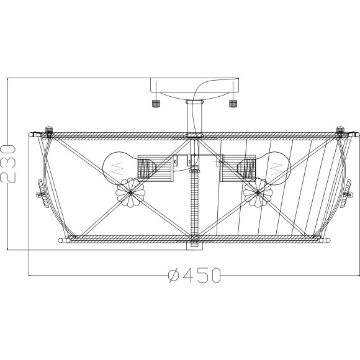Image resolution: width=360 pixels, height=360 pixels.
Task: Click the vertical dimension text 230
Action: tap(8, 162)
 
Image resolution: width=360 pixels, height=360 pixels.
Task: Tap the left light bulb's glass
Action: tap(117, 166)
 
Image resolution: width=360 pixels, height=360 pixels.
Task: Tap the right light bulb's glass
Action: tap(276, 166)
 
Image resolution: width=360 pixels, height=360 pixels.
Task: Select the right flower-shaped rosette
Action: tap(258, 193)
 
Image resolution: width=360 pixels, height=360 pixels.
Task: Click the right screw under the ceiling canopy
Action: tap(233, 102)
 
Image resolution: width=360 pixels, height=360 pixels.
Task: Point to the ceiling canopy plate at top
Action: tap(194, 87)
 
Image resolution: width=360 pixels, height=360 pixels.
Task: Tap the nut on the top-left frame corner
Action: tap(50, 131)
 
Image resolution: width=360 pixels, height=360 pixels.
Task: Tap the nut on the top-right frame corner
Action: tap(340, 131)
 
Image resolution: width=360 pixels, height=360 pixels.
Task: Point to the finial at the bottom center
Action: tap(194, 245)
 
